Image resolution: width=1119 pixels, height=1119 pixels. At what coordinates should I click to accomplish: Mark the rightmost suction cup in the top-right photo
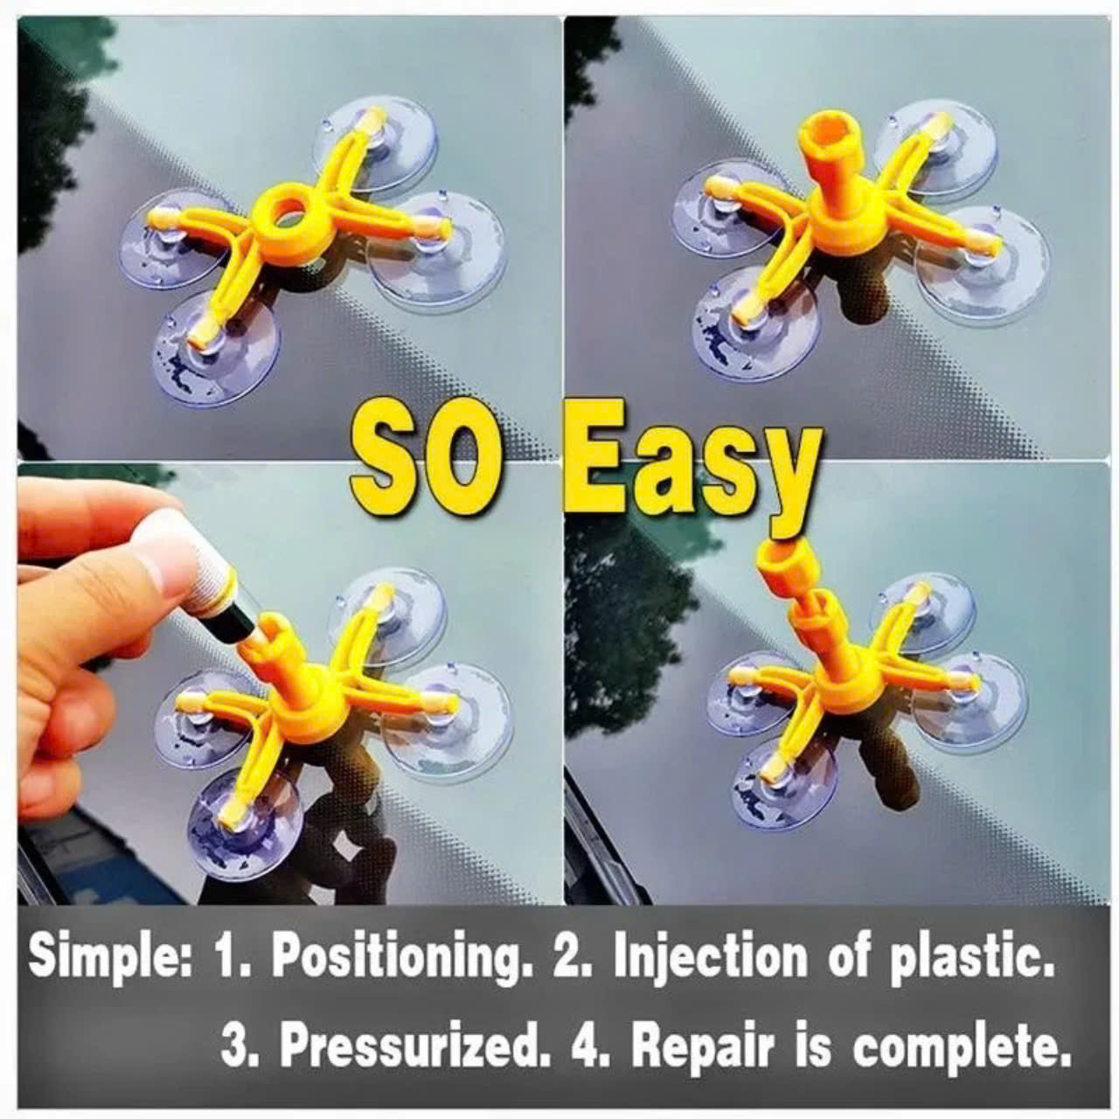tap(982, 265)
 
